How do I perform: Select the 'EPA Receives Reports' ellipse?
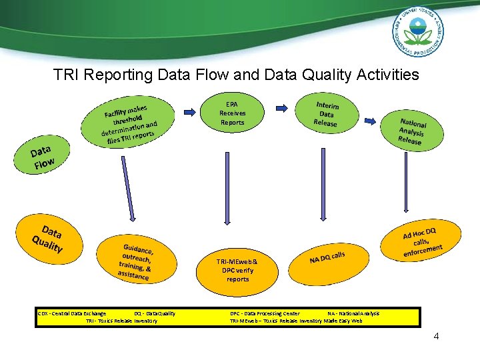click(x=232, y=113)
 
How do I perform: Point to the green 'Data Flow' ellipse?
click(x=41, y=155)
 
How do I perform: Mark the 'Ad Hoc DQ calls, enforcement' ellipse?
click(x=421, y=241)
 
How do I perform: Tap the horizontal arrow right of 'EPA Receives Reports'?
click(x=281, y=107)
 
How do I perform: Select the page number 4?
click(x=436, y=336)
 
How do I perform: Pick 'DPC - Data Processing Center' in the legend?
click(x=265, y=313)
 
